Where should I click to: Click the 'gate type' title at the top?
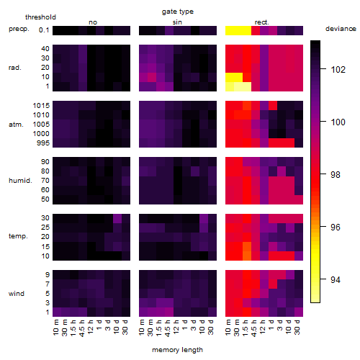pyautogui.click(x=178, y=12)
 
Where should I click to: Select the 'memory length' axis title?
pyautogui.click(x=177, y=350)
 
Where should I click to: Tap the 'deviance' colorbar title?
pyautogui.click(x=341, y=29)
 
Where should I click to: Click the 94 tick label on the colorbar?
pyautogui.click(x=336, y=280)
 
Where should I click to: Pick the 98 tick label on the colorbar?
pyautogui.click(x=336, y=175)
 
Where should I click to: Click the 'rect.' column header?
pyautogui.click(x=261, y=22)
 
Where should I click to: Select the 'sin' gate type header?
pyautogui.click(x=177, y=22)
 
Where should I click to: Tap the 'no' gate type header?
pyautogui.click(x=93, y=22)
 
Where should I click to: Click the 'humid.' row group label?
pyautogui.click(x=20, y=181)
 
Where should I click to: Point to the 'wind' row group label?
pyautogui.click(x=17, y=294)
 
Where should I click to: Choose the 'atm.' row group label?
pyautogui.click(x=16, y=125)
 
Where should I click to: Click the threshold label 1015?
pyautogui.click(x=41, y=106)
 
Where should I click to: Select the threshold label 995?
pyautogui.click(x=43, y=143)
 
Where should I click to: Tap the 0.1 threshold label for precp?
pyautogui.click(x=44, y=30)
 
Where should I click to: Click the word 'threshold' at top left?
pyautogui.click(x=40, y=17)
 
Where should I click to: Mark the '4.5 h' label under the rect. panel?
pyautogui.click(x=254, y=328)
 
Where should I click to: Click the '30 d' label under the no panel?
pyautogui.click(x=125, y=328)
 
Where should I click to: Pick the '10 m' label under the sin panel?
pyautogui.click(x=142, y=328)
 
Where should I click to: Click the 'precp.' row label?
pyautogui.click(x=19, y=29)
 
